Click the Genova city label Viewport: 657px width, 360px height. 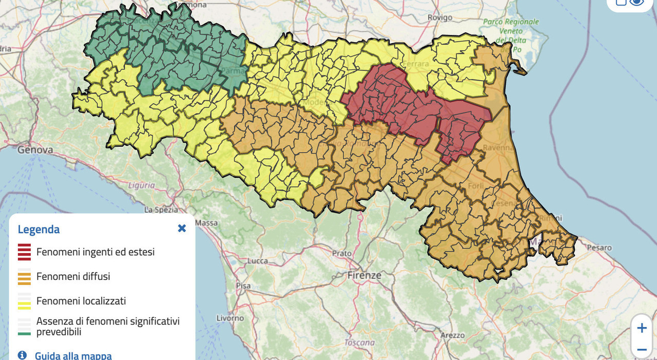35,150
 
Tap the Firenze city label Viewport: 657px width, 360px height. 364,275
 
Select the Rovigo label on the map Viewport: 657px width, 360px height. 440,17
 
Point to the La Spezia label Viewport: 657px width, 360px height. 161,210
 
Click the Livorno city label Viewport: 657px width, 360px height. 230,318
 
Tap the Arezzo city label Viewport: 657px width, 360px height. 453,335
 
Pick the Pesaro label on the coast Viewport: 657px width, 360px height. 600,248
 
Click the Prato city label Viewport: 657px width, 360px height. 342,253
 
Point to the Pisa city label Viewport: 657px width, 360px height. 243,286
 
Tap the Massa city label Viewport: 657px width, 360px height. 207,223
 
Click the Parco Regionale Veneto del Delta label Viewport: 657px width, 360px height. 511,31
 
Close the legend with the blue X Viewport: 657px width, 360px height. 182,229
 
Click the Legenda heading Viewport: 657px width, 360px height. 38,230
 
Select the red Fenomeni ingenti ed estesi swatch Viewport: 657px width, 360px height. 24,252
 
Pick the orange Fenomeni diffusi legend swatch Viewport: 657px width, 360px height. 24,277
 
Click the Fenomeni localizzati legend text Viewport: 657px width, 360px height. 81,301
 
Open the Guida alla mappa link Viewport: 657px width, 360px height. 73,355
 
